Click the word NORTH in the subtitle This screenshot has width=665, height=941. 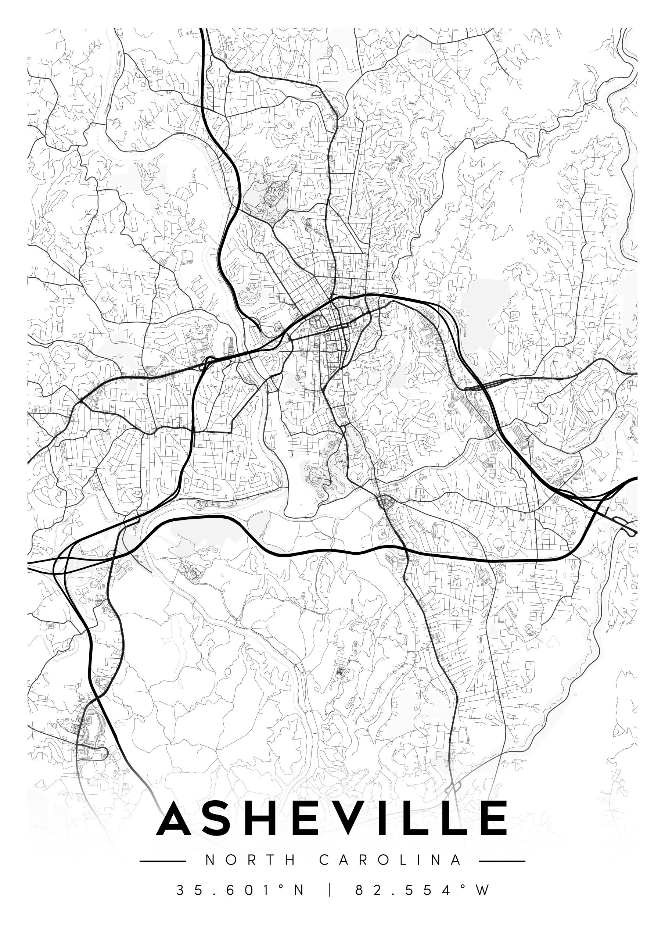tap(250, 860)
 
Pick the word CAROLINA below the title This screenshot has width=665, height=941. tap(390, 860)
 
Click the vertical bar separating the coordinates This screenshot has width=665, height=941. tap(330, 890)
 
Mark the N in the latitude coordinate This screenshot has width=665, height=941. tap(298, 890)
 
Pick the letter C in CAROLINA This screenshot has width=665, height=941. tap(324, 860)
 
